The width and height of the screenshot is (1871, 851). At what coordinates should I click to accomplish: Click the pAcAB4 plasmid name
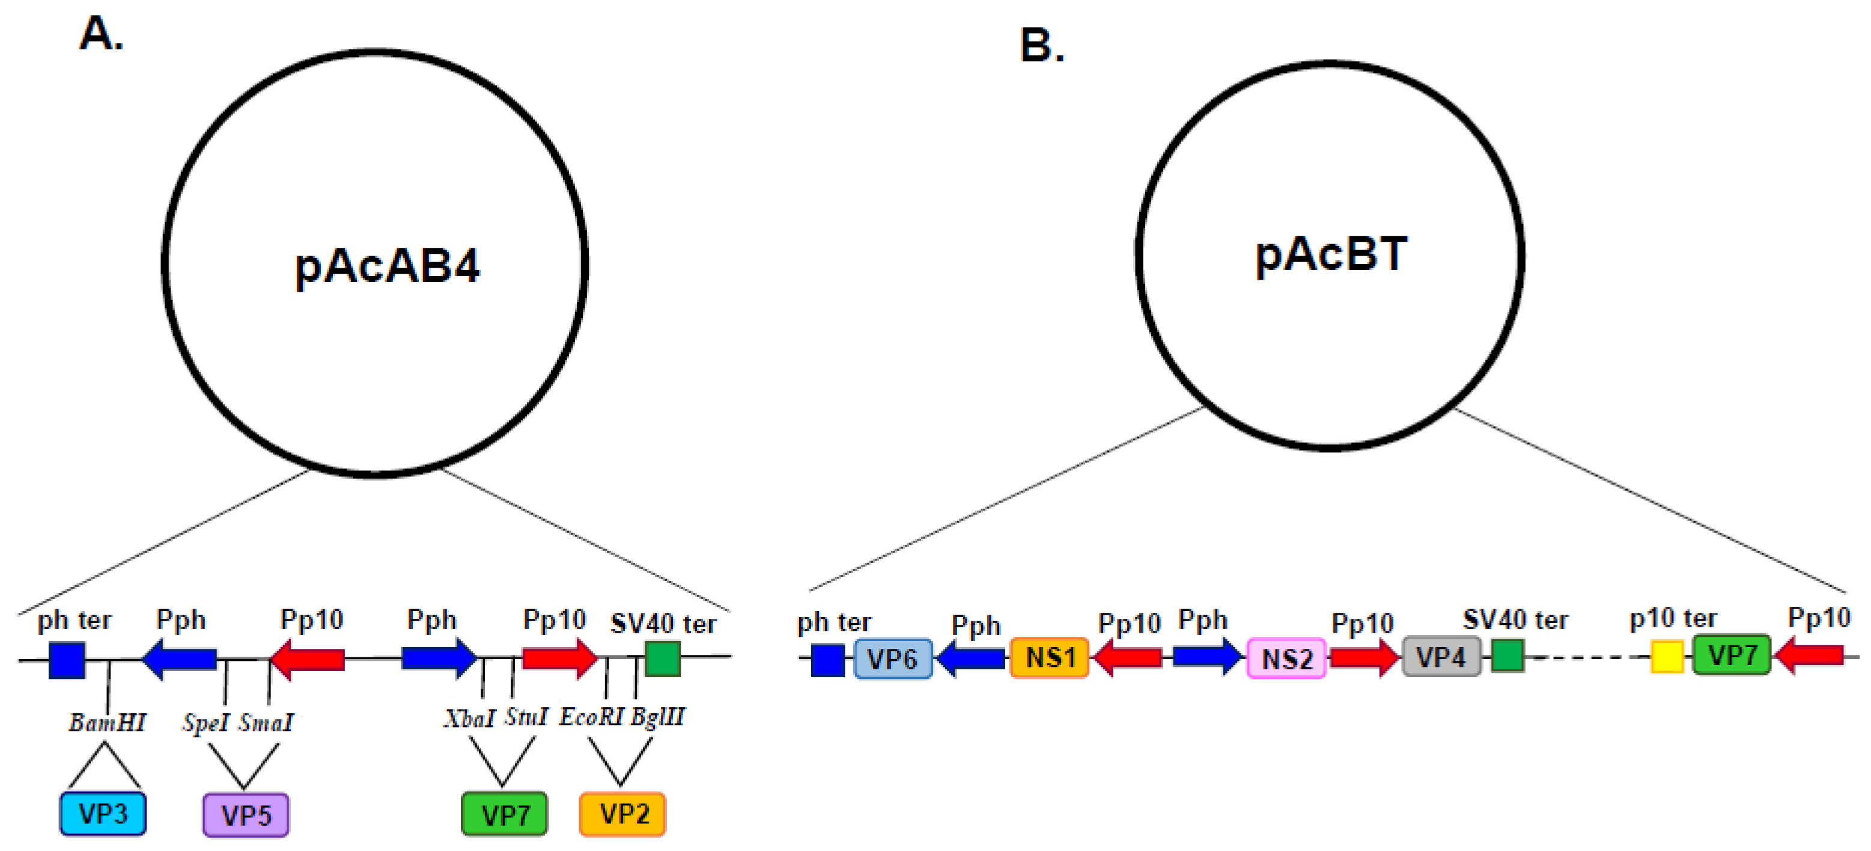click(386, 266)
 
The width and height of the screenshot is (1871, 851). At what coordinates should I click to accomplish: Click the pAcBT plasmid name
click(1331, 255)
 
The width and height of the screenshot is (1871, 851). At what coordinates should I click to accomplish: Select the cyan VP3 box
click(102, 814)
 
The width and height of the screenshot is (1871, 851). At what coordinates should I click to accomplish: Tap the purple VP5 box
click(246, 816)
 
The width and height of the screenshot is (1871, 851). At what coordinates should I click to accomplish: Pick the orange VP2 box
click(622, 814)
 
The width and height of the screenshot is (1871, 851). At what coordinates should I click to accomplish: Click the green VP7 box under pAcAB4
click(505, 814)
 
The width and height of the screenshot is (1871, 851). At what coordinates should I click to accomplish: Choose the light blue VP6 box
click(893, 659)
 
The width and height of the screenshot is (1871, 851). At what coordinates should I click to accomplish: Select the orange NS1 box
click(1050, 658)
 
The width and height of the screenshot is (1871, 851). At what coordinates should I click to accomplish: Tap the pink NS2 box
click(1286, 659)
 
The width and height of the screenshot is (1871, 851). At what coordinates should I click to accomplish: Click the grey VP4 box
click(1441, 657)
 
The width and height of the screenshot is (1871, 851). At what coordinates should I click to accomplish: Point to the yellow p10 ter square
click(1667, 656)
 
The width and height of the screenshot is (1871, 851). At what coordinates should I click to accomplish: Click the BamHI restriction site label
click(108, 722)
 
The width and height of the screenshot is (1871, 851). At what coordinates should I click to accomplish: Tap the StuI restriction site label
click(526, 717)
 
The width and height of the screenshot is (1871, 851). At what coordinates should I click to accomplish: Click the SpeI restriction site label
click(205, 722)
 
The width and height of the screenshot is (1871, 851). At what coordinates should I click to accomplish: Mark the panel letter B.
click(1041, 45)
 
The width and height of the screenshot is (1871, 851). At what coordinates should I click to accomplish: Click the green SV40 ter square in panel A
click(662, 659)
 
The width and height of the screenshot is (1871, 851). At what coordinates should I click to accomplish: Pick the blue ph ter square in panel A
click(67, 660)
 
